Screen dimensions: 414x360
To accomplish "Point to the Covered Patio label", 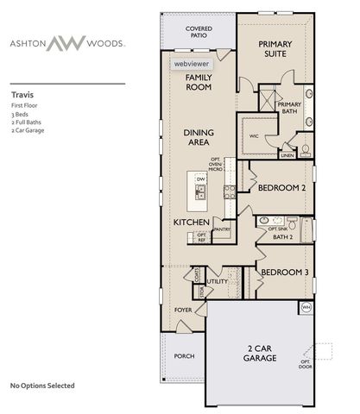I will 199,33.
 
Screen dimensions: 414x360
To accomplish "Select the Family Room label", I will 199,82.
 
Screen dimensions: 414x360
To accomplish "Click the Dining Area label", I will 199,137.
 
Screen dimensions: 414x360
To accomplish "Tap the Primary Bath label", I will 289,108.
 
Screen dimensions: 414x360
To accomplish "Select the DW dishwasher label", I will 200,179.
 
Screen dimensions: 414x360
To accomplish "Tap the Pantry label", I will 221,229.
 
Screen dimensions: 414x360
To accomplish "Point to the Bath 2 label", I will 283,236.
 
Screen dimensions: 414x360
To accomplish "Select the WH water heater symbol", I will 305,306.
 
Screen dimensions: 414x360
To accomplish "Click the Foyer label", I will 183,309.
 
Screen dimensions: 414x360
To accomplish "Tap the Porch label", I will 184,355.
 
